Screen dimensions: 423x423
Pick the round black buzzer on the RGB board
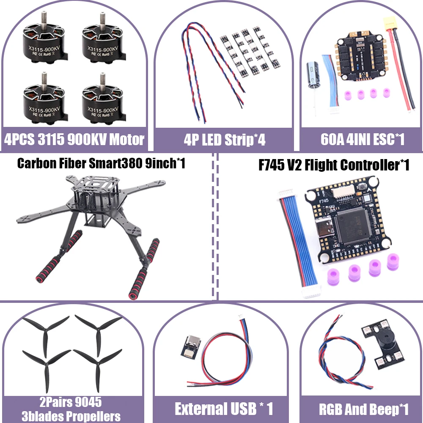(x=383, y=346)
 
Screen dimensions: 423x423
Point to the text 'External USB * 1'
(x=224, y=409)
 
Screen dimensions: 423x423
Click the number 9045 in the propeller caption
(x=85, y=401)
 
